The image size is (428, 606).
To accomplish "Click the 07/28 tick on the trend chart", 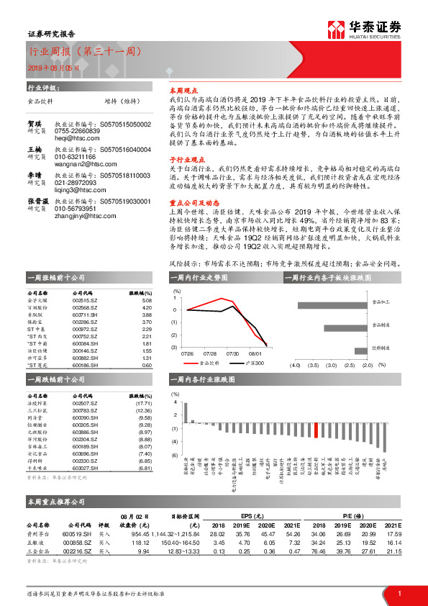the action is click(x=211, y=354).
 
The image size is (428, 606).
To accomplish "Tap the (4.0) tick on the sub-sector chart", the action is click(x=294, y=366).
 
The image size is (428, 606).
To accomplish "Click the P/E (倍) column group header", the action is click(x=353, y=516).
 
